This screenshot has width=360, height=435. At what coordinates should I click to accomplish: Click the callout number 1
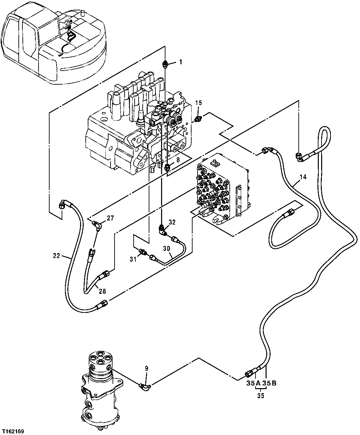click(180, 62)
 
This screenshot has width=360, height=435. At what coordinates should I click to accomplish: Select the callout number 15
click(198, 103)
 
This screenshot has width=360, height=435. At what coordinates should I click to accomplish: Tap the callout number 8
click(178, 160)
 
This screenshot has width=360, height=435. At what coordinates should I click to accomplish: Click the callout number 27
click(110, 218)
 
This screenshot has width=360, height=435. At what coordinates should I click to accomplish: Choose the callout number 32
click(172, 222)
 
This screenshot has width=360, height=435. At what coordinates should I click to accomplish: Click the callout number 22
click(56, 256)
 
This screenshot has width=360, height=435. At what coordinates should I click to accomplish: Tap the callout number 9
click(146, 368)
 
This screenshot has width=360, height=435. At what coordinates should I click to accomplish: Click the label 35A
click(254, 383)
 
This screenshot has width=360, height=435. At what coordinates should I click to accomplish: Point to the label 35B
click(270, 383)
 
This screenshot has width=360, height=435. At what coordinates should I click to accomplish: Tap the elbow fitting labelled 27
click(97, 226)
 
